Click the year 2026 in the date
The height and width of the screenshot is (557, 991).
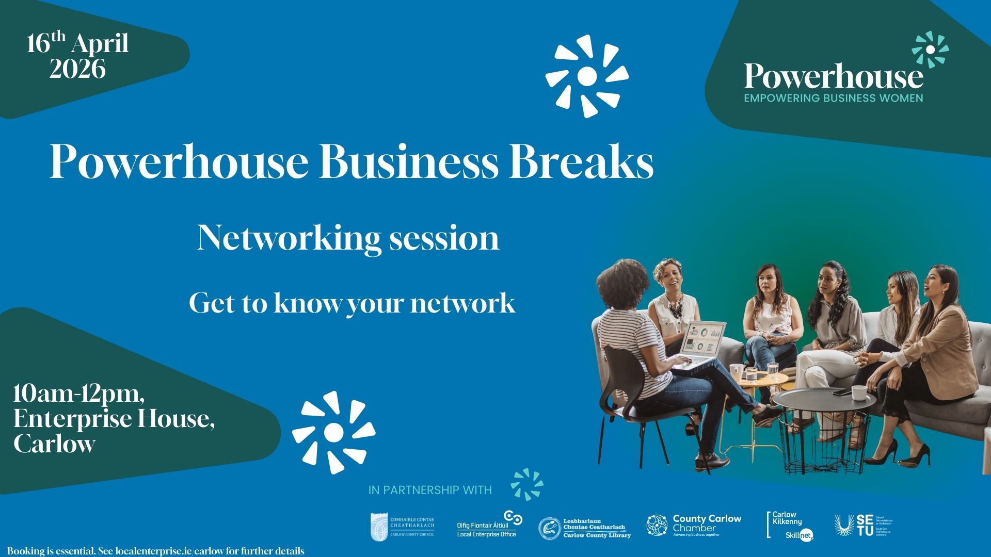point(77,69)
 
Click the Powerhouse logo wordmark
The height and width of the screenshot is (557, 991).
point(833,76)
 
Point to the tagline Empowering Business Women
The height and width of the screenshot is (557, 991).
point(833,98)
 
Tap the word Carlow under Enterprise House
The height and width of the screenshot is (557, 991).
point(55,444)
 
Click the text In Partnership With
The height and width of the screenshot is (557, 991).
point(430,490)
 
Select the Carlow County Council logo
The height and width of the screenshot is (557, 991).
point(403,527)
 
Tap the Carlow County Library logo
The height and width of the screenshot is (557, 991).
point(585,528)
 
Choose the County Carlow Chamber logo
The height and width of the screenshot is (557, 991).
point(694,526)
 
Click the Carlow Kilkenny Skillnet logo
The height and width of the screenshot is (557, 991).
point(790,526)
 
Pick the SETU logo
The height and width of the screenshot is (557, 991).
point(863,526)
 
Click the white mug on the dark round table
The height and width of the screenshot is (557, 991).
point(858,392)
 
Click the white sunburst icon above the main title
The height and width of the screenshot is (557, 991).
point(587,76)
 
